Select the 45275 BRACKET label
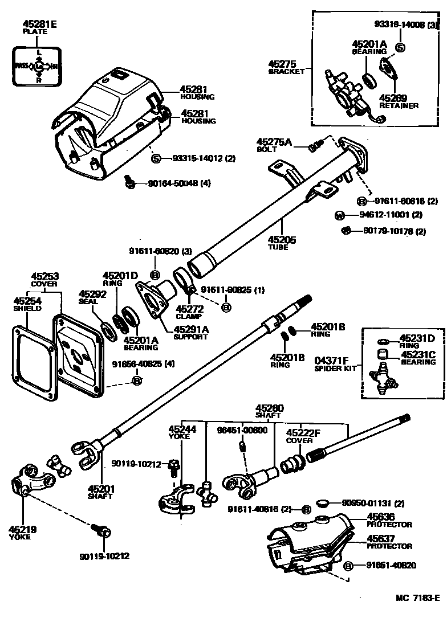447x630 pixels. [286, 67]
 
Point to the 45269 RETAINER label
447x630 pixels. [398, 101]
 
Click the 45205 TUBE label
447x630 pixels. [282, 243]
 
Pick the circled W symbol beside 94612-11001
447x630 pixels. [339, 215]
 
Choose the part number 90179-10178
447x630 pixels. [388, 231]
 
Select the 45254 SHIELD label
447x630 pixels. [27, 304]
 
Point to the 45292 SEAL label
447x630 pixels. [92, 297]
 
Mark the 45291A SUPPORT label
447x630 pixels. [191, 332]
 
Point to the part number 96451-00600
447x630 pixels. [242, 429]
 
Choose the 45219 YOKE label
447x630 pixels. [23, 533]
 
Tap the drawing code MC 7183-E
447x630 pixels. [418, 598]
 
